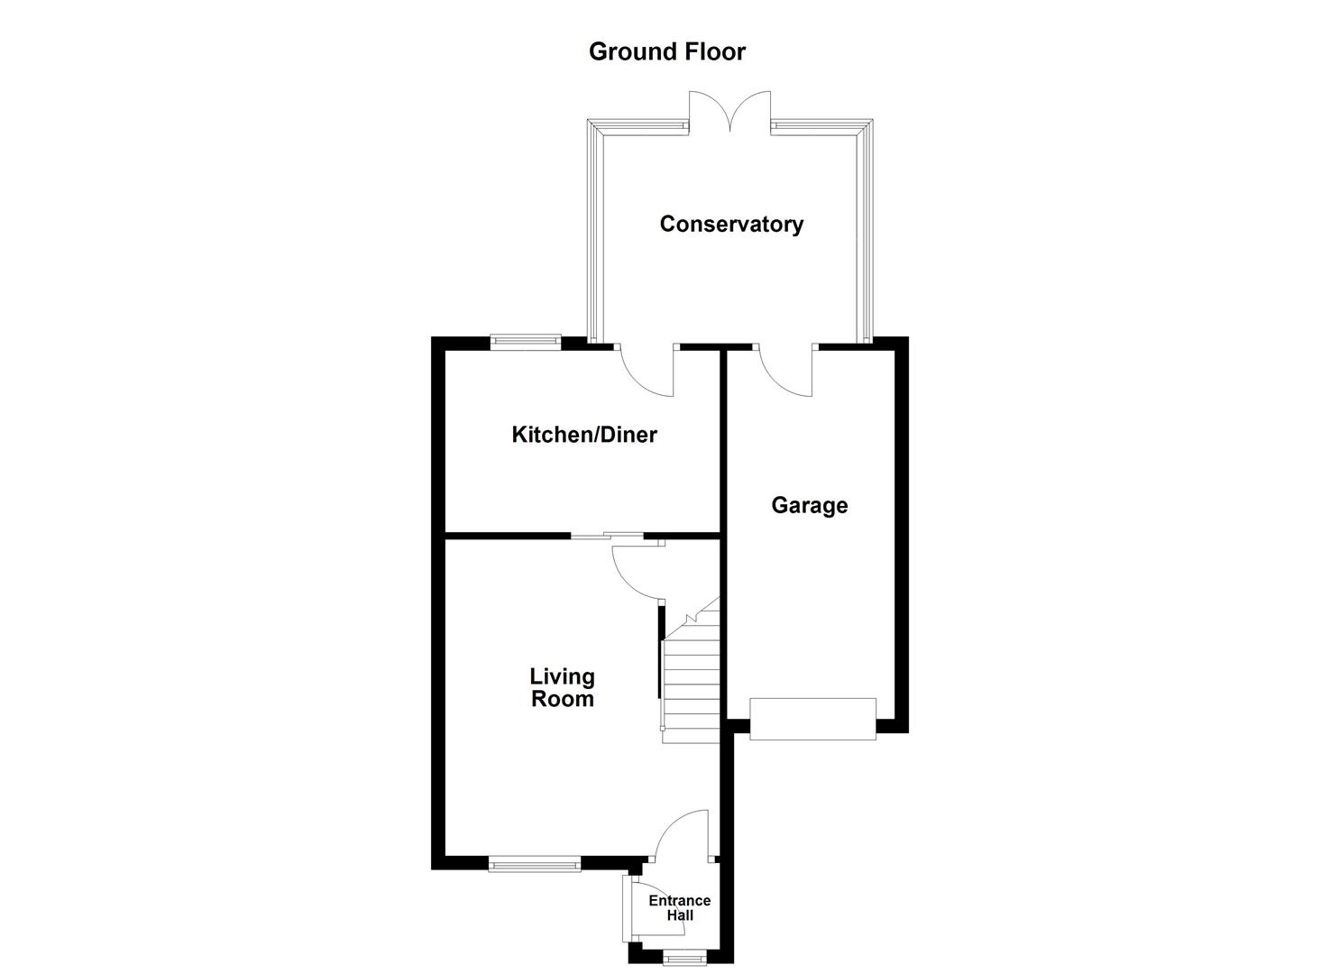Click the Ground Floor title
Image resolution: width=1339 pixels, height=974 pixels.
pos(667,51)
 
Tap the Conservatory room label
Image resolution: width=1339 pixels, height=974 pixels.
pos(731,224)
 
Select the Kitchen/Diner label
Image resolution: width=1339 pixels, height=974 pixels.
pos(584,435)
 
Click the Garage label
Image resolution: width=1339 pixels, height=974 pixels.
pos(809,505)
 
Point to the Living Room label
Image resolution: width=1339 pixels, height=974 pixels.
pos(562,687)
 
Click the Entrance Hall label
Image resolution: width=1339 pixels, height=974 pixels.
pos(680,907)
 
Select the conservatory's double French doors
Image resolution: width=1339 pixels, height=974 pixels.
pos(730,114)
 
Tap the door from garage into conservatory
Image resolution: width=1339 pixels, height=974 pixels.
pos(787,370)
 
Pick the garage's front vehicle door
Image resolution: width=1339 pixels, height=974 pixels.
pos(812,719)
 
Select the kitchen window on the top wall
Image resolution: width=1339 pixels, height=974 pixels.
pos(526,341)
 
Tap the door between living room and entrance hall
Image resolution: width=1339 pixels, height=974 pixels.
pos(683,835)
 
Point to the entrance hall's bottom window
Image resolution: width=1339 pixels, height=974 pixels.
pos(682,958)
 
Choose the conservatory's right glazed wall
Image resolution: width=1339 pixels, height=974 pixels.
pos(867,234)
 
